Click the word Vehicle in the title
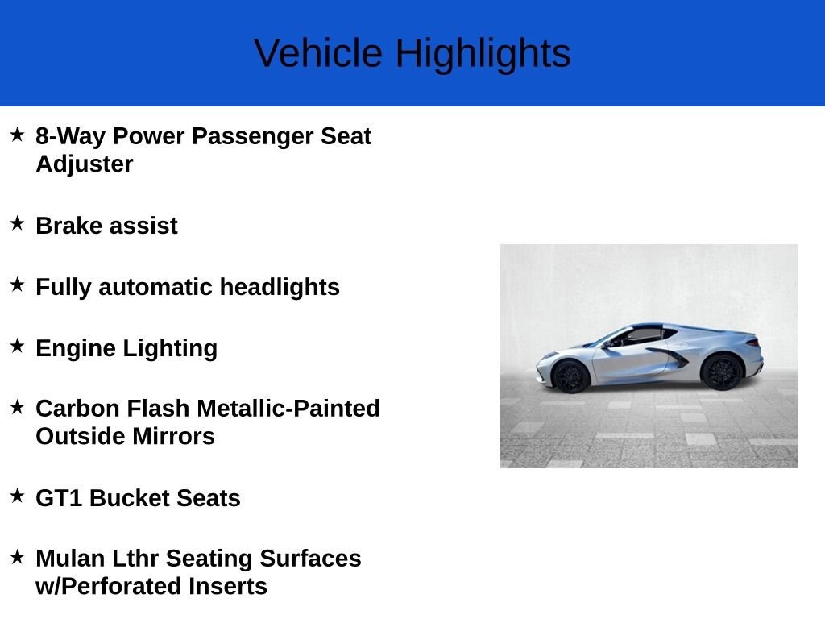(317, 53)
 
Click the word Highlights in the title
(483, 54)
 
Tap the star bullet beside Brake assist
(17, 223)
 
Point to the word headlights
(280, 287)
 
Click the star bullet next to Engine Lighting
(17, 346)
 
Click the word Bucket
(129, 498)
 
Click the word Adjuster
(84, 164)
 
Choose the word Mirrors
(173, 436)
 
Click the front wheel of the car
(571, 376)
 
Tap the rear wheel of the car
(722, 372)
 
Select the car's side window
(643, 335)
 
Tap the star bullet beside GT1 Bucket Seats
(17, 496)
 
